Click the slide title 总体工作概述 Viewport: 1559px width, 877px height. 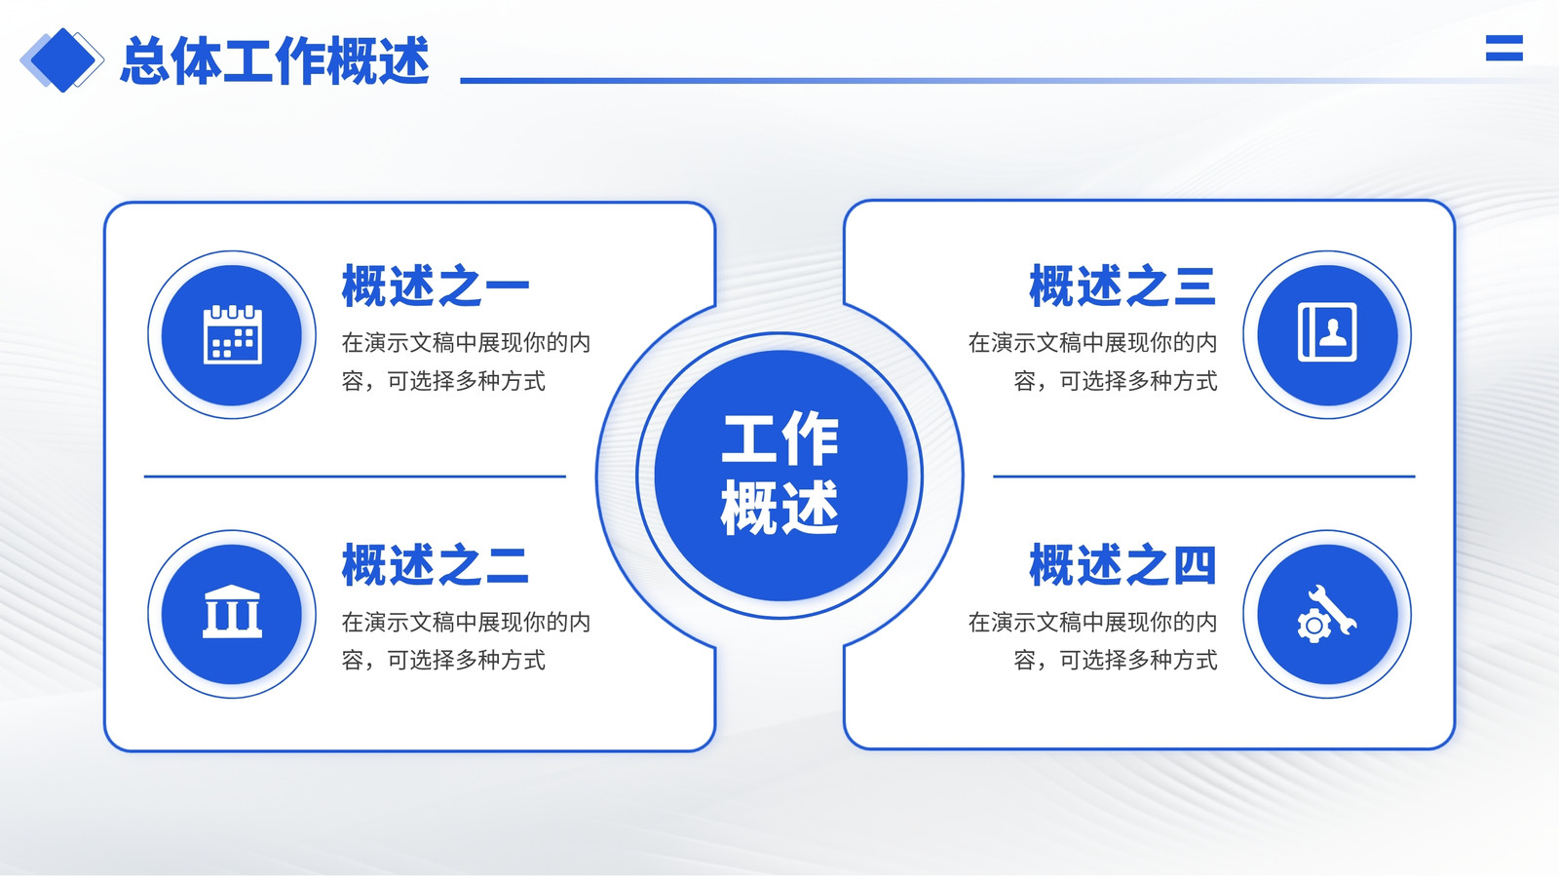coord(275,61)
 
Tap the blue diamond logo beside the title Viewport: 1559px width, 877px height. coord(62,60)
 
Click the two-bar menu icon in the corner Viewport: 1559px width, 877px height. coord(1504,48)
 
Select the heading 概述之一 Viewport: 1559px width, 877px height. coord(436,286)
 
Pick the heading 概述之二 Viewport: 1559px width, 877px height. coord(436,565)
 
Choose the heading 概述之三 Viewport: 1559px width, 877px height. coord(1122,286)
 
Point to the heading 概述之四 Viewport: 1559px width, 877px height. coord(1122,565)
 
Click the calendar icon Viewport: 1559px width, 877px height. coord(233,335)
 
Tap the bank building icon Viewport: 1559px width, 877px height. coord(233,612)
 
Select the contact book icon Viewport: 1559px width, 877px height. coord(1327,332)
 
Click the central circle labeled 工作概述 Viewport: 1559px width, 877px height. coord(780,477)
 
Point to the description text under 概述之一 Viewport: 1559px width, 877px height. coord(466,362)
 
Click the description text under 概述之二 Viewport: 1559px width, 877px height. coord(466,641)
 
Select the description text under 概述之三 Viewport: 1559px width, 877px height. coord(1092,362)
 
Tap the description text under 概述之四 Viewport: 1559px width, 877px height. coord(1092,641)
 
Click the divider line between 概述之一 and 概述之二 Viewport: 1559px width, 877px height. coord(355,477)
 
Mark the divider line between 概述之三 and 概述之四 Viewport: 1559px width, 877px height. coord(1204,477)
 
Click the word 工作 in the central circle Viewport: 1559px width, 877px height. coord(780,439)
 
